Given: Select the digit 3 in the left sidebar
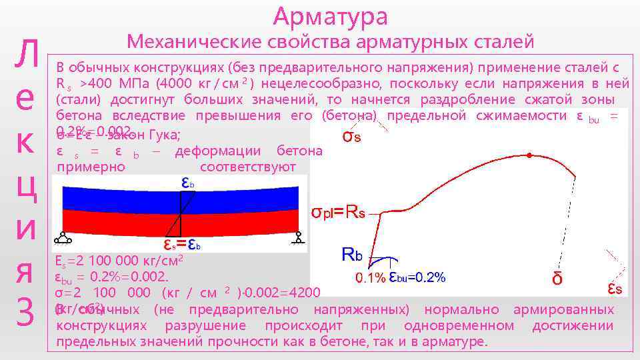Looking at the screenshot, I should coord(25,314).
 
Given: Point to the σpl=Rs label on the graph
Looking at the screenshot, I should coord(339,213).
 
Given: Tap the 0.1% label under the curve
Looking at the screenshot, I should coord(369,278).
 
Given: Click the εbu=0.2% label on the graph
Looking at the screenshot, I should coord(417,277).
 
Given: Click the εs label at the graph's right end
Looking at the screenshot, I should coord(615,288).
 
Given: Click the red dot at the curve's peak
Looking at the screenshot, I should coord(529,155).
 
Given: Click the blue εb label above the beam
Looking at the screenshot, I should coord(189,182).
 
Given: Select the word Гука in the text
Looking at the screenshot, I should coord(163,135).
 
